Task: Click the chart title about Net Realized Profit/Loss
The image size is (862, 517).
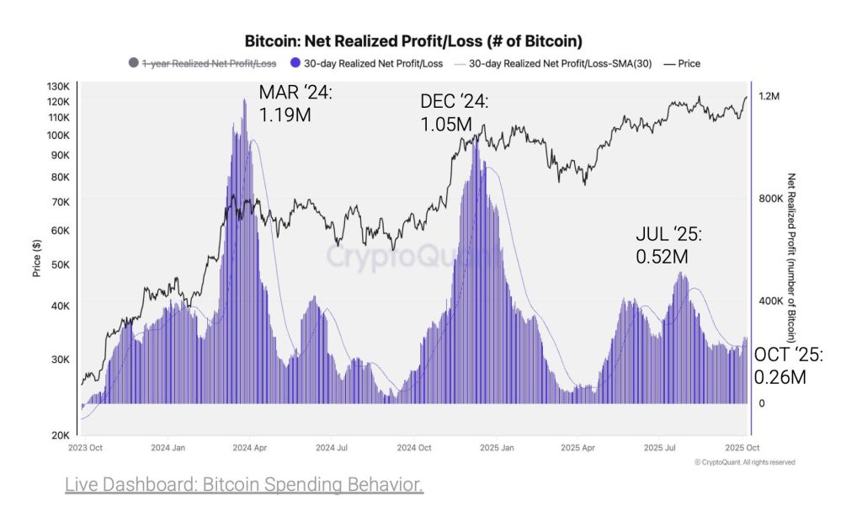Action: click(x=413, y=40)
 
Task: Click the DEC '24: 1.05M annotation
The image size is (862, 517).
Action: click(x=454, y=113)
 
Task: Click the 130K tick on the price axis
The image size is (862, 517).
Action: click(x=59, y=87)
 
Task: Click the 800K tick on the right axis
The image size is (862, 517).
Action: click(x=770, y=199)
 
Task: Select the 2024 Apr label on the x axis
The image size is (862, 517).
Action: click(x=250, y=449)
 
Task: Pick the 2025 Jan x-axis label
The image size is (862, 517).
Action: click(x=498, y=449)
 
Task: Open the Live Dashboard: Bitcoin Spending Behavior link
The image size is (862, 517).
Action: click(x=244, y=485)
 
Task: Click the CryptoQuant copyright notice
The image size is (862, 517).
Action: click(x=744, y=462)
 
